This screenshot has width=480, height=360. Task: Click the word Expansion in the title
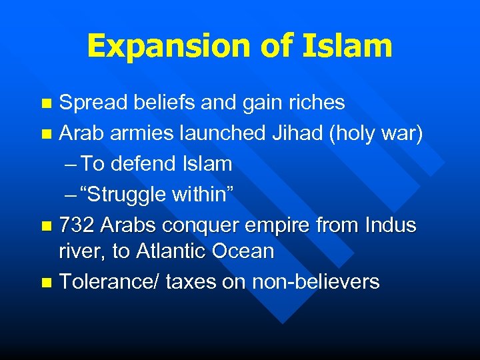167,46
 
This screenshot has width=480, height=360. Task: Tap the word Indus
391,225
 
